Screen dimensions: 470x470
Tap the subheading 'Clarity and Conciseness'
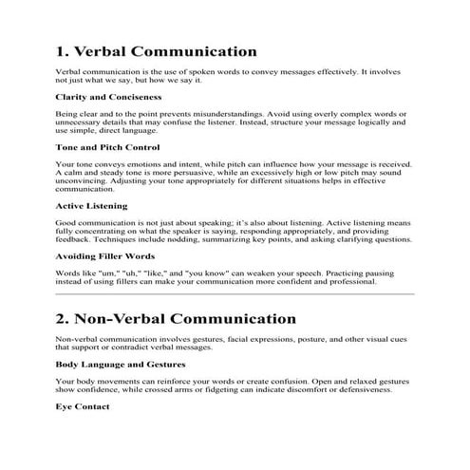tap(108, 97)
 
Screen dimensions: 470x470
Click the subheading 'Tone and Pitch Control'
tap(107, 147)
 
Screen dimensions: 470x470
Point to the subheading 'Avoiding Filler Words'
tap(105, 256)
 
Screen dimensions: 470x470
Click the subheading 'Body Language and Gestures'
tap(120, 364)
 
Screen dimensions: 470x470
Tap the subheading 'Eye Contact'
tap(83, 406)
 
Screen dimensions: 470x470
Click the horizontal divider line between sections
tap(235, 294)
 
